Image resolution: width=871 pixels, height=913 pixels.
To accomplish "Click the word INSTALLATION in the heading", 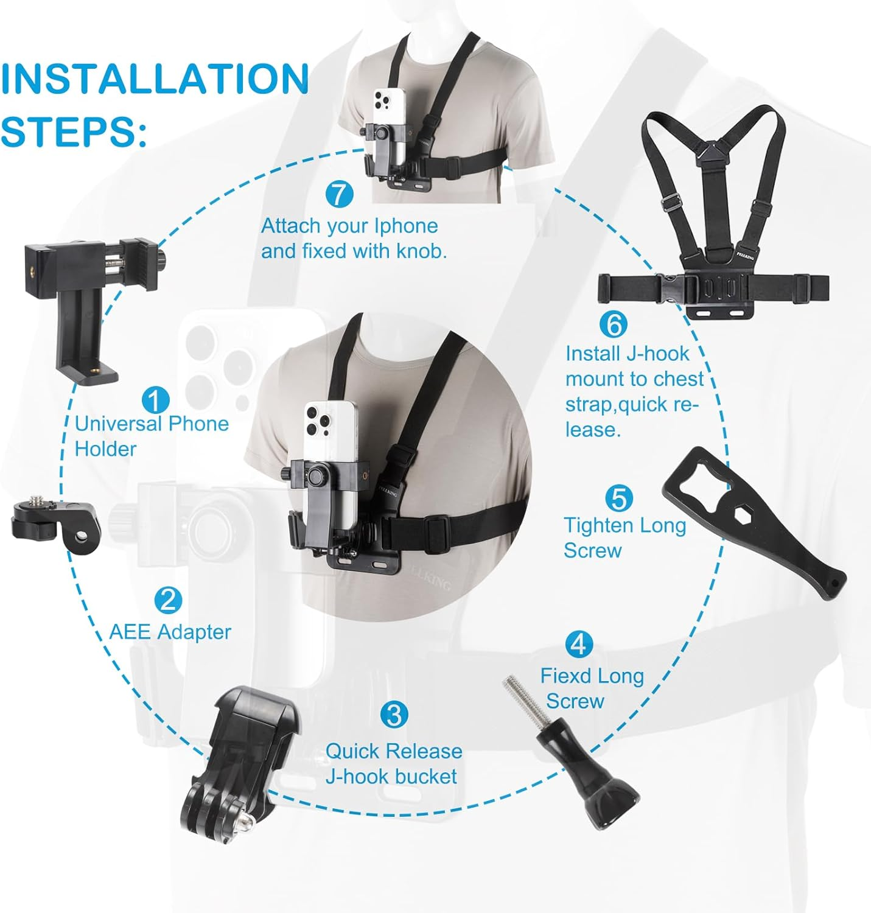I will point(155,80).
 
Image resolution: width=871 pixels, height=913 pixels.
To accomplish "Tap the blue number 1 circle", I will point(155,401).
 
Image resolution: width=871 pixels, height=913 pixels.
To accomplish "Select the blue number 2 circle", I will point(168,600).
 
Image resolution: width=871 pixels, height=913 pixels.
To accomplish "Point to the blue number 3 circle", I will point(394,715).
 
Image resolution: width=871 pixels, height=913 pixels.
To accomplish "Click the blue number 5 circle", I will point(619,499).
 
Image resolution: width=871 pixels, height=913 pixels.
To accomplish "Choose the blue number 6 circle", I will point(613,324).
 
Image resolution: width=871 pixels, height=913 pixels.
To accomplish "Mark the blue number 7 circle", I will point(339,195).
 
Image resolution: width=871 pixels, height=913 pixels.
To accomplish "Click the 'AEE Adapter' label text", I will point(170,632).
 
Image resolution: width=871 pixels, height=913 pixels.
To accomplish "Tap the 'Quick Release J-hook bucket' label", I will point(393,764).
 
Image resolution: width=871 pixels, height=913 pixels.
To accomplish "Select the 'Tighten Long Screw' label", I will point(624,537).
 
